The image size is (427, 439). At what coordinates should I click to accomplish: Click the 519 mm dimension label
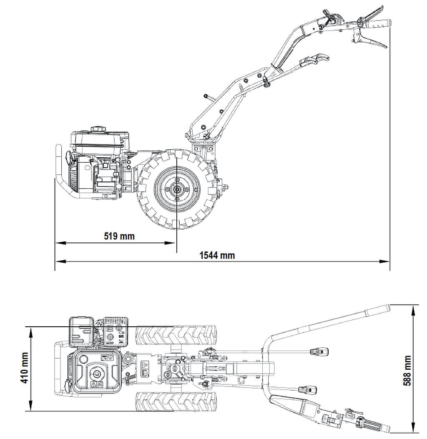(119, 236)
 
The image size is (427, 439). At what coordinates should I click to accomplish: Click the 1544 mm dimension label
(217, 255)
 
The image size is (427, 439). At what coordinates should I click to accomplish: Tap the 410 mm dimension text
(25, 368)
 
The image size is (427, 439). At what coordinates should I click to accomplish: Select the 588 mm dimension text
(407, 370)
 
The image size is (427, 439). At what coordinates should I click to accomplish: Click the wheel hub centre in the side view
(177, 189)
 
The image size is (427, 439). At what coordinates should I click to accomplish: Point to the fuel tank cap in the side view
(98, 129)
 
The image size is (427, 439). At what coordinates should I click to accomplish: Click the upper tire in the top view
(176, 335)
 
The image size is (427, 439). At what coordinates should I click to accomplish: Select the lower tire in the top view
(176, 402)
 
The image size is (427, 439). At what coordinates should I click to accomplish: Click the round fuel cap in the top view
(97, 373)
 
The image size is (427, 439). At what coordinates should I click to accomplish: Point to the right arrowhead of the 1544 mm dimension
(385, 262)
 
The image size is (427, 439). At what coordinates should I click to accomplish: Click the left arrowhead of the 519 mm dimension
(60, 243)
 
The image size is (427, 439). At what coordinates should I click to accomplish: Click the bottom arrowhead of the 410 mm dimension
(30, 406)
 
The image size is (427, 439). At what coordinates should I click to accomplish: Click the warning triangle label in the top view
(145, 365)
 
